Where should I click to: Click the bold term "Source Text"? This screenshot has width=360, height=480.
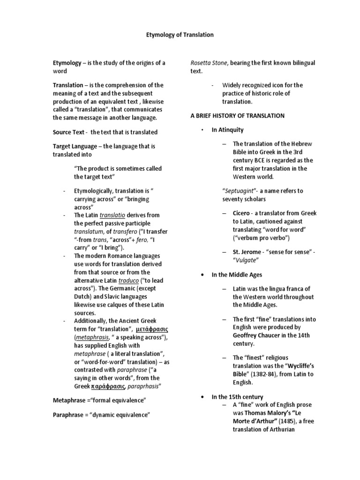click(68, 132)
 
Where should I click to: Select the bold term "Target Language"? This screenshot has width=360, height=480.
click(76, 146)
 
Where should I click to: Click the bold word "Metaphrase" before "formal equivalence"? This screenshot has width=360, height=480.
click(69, 400)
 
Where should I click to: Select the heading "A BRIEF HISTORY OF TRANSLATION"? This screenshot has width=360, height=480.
click(237, 115)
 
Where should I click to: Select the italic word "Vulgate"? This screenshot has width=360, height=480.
click(247, 260)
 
